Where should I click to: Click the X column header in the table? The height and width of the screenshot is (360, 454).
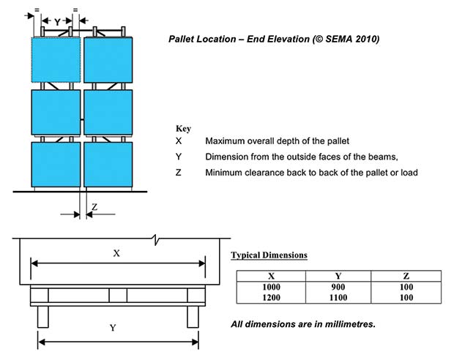point(270,275)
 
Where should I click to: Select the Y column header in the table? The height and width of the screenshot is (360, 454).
point(338,275)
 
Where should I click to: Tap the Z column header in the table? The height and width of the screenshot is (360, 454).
point(406,275)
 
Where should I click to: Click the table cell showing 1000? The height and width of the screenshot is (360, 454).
point(270,287)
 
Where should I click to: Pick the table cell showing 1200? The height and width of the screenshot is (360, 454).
point(270,298)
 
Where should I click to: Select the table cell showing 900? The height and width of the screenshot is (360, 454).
point(338,287)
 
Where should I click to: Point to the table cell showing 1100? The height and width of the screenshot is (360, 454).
point(338,298)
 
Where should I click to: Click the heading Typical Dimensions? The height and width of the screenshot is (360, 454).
point(269,255)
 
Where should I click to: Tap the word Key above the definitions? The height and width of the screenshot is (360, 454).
point(183,128)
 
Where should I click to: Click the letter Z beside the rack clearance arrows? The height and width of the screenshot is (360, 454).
point(94,208)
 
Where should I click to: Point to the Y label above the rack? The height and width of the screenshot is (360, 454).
point(57,22)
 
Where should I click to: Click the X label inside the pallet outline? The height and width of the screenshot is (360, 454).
point(116,252)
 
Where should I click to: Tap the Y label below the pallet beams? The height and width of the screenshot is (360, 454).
point(112,328)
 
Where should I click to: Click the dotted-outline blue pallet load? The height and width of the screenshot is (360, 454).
point(55,61)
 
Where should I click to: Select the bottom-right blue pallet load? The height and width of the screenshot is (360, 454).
point(108,164)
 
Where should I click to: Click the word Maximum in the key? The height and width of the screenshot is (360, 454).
point(226,140)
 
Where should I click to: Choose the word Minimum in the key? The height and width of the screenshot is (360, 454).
point(224,172)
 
